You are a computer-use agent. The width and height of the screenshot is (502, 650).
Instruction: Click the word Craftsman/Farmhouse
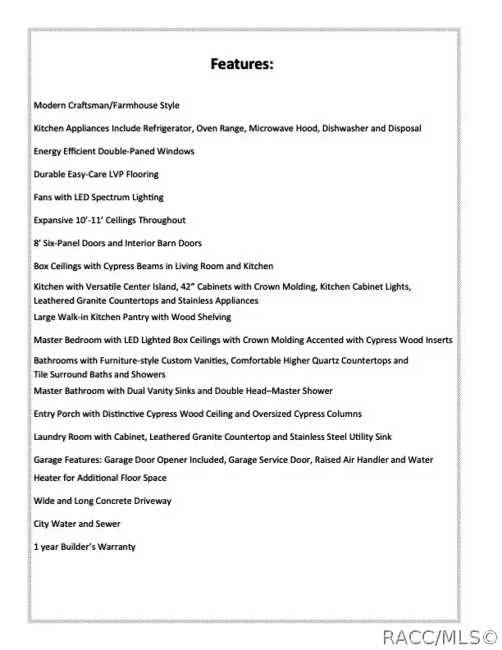pyautogui.click(x=109, y=106)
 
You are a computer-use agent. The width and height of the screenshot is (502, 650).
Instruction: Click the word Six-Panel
pyautogui.click(x=61, y=244)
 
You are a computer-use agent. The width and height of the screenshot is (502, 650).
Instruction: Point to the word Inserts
pyautogui.click(x=435, y=340)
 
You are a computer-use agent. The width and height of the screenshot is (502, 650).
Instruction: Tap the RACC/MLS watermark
pyautogui.click(x=438, y=636)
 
